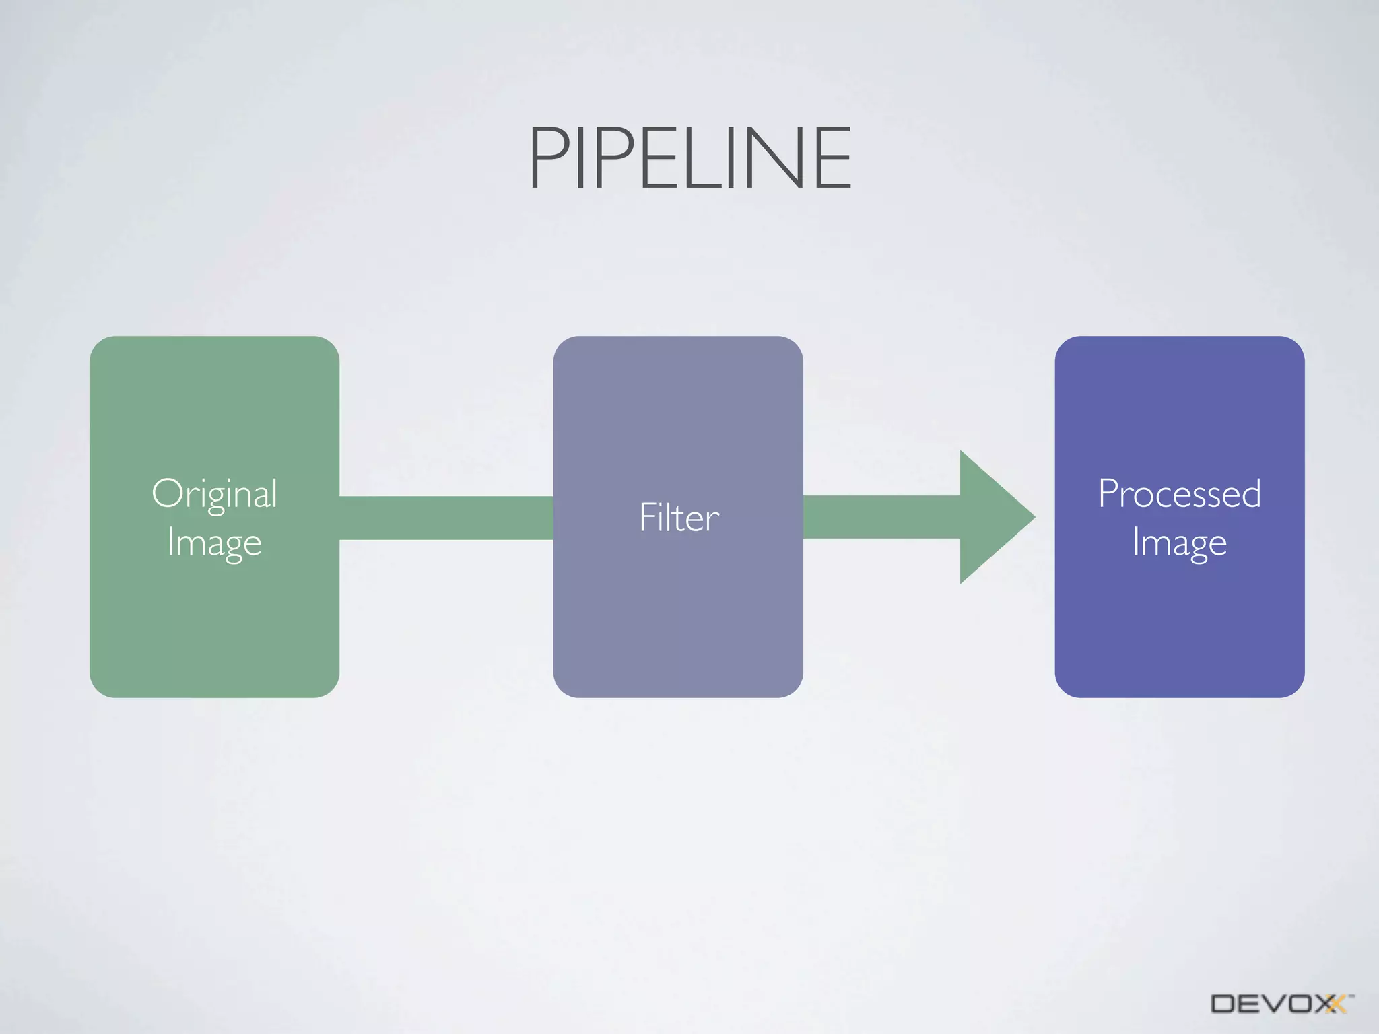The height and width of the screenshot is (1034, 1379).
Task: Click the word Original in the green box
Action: (x=214, y=495)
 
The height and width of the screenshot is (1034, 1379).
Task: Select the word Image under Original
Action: (x=214, y=543)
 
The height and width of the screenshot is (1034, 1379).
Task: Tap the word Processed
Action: (x=1179, y=493)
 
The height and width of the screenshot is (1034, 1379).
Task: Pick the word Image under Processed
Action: (x=1179, y=543)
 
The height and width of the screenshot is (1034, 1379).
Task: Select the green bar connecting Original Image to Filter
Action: (x=446, y=518)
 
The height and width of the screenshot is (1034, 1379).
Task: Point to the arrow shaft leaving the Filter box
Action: (x=881, y=517)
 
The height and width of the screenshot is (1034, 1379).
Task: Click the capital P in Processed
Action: (x=1108, y=493)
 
